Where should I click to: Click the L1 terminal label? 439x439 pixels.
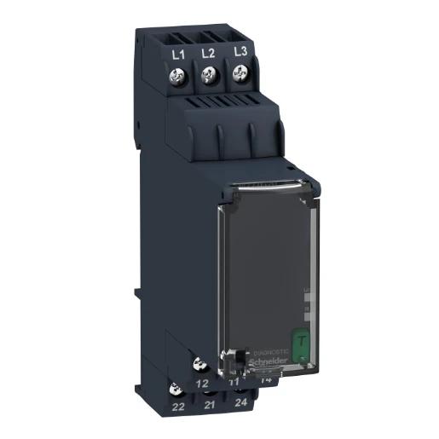click(177, 54)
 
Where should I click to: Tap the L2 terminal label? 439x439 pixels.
click(206, 54)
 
